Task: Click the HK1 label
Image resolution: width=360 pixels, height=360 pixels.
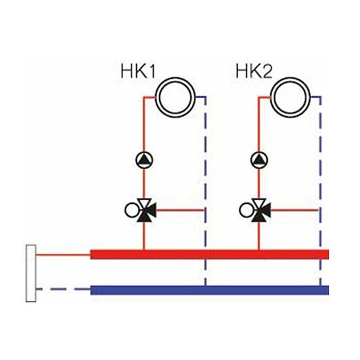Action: pos(138,71)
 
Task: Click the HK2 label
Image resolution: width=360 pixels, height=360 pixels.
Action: pos(254,71)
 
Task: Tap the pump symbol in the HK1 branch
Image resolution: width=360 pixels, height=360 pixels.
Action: pos(144,160)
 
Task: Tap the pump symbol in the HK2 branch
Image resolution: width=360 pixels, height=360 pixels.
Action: pos(259,160)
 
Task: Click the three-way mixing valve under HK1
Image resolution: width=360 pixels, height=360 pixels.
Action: pos(145,210)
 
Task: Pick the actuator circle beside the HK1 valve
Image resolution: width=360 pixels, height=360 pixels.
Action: pos(132,210)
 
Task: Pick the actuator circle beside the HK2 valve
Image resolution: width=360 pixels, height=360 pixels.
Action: pos(246,210)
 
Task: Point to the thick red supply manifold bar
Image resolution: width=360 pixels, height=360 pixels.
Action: pos(209,255)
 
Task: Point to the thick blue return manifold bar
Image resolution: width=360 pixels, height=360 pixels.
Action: pos(209,290)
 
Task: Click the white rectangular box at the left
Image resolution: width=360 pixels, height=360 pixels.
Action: pos(31,273)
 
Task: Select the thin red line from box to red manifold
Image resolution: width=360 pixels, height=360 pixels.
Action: pos(63,255)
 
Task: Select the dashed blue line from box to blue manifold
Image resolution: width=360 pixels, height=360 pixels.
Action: pos(63,289)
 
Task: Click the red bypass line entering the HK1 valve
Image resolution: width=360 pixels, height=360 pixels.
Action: pos(180,210)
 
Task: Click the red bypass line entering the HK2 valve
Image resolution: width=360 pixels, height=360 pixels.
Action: pos(295,210)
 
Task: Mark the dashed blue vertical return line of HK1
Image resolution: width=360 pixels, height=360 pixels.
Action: pos(206,191)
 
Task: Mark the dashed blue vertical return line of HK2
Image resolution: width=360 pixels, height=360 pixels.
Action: pos(320,191)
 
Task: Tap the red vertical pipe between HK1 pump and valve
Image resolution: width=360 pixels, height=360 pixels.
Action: pos(144,184)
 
